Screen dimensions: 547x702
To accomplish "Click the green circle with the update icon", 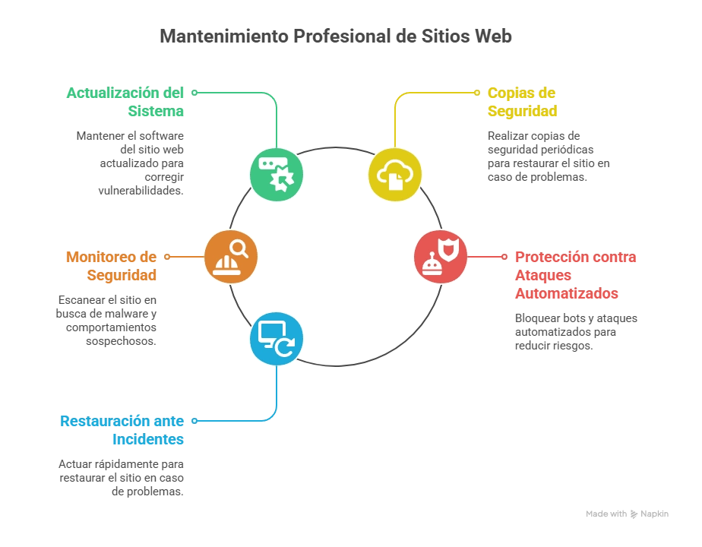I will [x=277, y=175].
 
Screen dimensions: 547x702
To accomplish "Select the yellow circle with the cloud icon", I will [x=395, y=175].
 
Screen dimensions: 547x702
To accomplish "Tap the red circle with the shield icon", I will [x=441, y=257].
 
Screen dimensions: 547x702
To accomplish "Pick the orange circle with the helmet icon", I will [x=231, y=257].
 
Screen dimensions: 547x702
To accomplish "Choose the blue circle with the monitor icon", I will [x=277, y=339].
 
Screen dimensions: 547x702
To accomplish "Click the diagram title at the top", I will [x=337, y=35].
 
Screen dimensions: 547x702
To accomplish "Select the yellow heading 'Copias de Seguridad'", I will [x=522, y=103].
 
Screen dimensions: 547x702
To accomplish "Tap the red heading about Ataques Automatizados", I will [x=575, y=275].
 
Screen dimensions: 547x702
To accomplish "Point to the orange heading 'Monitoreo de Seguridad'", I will [x=111, y=266].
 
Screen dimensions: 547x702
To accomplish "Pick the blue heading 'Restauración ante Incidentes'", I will [x=123, y=430].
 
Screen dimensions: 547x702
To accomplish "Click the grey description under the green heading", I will [x=132, y=162].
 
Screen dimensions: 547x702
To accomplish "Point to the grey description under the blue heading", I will [x=122, y=478].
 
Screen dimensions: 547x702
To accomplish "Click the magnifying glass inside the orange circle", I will [x=239, y=248].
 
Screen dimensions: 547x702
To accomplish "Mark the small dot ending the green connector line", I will [x=194, y=93].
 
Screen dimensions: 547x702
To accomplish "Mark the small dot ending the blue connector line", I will [x=194, y=420].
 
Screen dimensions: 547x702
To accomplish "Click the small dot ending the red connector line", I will [x=504, y=257].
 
